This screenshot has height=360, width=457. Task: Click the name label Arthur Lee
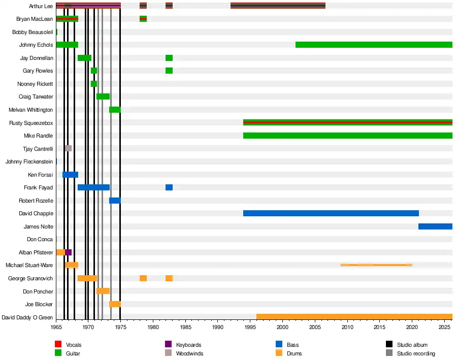[x=41, y=6]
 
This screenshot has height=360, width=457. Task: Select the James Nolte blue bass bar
[x=436, y=226]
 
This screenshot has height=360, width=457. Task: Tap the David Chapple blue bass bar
[x=331, y=213]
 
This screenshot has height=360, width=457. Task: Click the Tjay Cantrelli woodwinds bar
[x=68, y=148]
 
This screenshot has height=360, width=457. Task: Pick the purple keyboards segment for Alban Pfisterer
[x=68, y=252]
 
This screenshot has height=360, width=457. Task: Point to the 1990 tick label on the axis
[x=218, y=327]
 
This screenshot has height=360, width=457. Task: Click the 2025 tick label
[x=444, y=327]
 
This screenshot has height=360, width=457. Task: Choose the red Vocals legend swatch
[x=58, y=344]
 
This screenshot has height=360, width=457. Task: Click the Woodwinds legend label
[x=189, y=353]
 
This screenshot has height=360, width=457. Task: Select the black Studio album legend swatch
[x=389, y=344]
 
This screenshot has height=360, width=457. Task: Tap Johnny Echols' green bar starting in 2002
[x=374, y=45]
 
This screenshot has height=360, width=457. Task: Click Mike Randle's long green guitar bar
[x=348, y=136]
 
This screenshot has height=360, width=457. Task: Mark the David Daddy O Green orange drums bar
[x=354, y=317]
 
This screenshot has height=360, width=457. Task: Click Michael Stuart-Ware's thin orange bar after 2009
[x=376, y=265]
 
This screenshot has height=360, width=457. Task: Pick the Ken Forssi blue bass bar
[x=70, y=175]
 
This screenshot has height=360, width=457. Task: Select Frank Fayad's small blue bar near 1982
[x=169, y=187]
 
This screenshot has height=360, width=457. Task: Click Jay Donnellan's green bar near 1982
[x=169, y=58]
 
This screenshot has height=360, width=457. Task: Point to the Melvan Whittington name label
[x=30, y=110]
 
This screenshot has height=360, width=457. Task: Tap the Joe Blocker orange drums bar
[x=115, y=304]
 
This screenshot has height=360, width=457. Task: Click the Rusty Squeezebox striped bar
[x=348, y=122]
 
